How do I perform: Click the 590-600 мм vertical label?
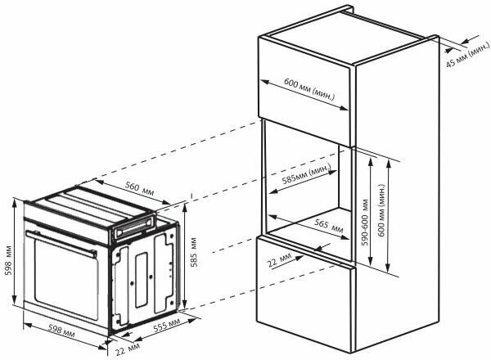point(365,209)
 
